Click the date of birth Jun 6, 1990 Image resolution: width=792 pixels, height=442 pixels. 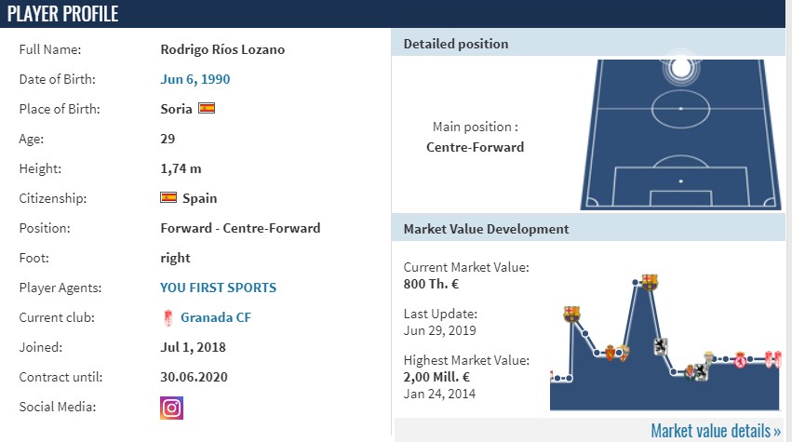[195, 79]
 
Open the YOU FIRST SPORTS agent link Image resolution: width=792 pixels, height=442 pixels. [218, 288]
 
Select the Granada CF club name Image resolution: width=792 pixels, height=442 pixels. [216, 317]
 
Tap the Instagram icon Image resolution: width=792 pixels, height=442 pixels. [172, 409]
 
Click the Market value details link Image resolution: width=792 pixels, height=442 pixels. [716, 431]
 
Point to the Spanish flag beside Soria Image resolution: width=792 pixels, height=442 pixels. [207, 108]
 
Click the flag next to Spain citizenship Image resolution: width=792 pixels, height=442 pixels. [168, 197]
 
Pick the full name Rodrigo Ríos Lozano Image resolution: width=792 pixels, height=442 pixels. [222, 49]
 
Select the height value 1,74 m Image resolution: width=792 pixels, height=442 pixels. [181, 168]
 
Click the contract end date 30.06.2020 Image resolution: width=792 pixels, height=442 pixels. [194, 377]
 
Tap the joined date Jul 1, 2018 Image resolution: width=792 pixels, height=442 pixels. [193, 347]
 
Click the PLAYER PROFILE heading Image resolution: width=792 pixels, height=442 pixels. [62, 14]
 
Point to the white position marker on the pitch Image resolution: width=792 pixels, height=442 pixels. [681, 68]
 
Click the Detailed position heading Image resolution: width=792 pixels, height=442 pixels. [456, 44]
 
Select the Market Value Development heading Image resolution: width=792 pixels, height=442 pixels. [486, 229]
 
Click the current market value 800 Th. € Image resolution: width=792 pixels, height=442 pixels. [431, 284]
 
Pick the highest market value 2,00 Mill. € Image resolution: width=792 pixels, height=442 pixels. [436, 377]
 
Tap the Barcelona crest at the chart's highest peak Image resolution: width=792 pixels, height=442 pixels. [650, 282]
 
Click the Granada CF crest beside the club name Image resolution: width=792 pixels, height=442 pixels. [168, 317]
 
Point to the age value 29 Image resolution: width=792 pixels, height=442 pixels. [168, 139]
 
